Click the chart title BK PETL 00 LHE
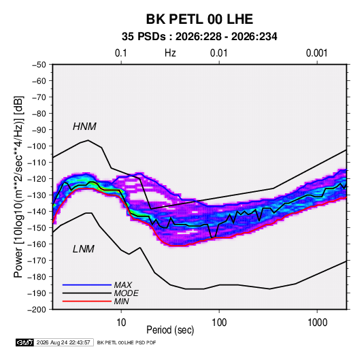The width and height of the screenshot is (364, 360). click(199, 19)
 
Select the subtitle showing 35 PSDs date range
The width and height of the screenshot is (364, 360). click(199, 37)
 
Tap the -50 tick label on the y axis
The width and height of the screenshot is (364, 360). click(39, 65)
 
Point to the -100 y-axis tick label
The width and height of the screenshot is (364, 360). click(37, 146)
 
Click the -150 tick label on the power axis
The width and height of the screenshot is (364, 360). click(37, 228)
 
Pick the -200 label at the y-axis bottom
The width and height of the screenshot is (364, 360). click(37, 310)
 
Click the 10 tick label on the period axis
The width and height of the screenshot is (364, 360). click(121, 323)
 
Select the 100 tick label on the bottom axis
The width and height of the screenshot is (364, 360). click(219, 323)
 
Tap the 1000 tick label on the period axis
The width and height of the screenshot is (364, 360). click(317, 323)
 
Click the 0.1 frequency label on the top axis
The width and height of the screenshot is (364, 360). click(121, 53)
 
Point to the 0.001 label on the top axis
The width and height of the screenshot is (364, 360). click(316, 53)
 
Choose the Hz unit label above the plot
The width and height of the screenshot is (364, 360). click(170, 53)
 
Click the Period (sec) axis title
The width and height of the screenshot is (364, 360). click(170, 330)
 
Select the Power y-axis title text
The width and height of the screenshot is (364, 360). click(18, 187)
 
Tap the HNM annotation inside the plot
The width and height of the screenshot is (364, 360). click(84, 127)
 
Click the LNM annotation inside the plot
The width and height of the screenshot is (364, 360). click(84, 249)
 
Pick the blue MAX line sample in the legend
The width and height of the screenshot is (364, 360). click(87, 285)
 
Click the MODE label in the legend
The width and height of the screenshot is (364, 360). click(127, 293)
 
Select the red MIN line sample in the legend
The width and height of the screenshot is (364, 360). click(87, 301)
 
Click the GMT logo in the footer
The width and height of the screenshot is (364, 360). click(25, 342)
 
